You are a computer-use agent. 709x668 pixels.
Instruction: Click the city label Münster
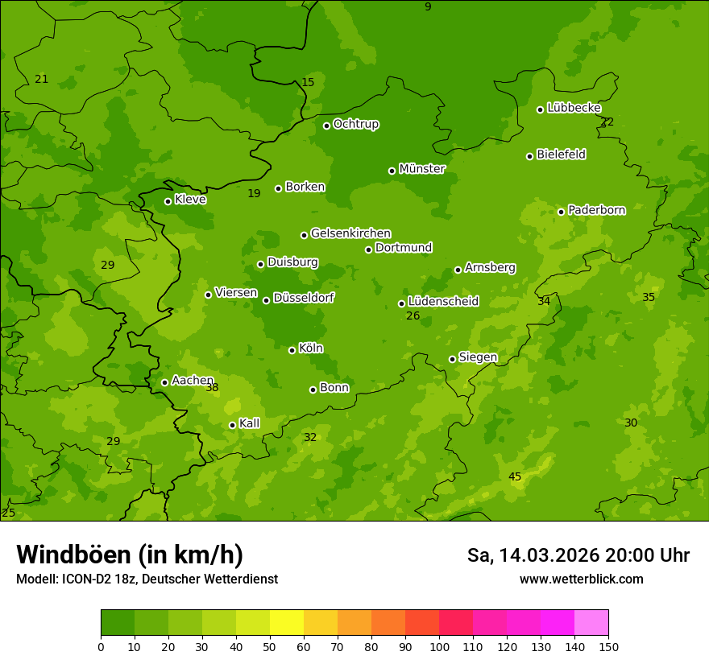click(x=421, y=169)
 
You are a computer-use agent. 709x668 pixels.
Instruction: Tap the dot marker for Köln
click(x=292, y=350)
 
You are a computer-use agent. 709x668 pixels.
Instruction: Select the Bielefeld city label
click(x=561, y=155)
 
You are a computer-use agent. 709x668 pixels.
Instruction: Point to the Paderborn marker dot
click(x=562, y=212)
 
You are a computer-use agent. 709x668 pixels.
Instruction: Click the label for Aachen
click(x=193, y=381)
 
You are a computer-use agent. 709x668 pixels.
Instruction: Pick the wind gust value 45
click(x=515, y=477)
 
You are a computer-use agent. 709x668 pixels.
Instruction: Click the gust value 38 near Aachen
click(x=212, y=388)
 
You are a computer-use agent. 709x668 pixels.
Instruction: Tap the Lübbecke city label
click(x=574, y=108)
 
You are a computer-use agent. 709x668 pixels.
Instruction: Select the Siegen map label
click(x=478, y=357)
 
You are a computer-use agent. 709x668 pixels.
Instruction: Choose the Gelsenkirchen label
click(x=350, y=233)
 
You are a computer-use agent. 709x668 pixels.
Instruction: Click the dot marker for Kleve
click(x=168, y=201)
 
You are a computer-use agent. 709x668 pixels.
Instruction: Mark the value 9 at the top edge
click(x=428, y=6)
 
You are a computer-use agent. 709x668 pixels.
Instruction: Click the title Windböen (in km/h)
click(x=130, y=555)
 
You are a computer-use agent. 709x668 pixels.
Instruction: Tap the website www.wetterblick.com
click(x=581, y=579)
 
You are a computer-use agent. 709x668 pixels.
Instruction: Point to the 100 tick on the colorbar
click(x=439, y=646)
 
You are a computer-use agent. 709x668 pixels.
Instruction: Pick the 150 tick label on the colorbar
click(x=608, y=646)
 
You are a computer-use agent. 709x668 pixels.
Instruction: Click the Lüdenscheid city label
click(x=443, y=302)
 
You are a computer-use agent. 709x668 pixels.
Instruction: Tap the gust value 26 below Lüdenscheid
click(x=413, y=316)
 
